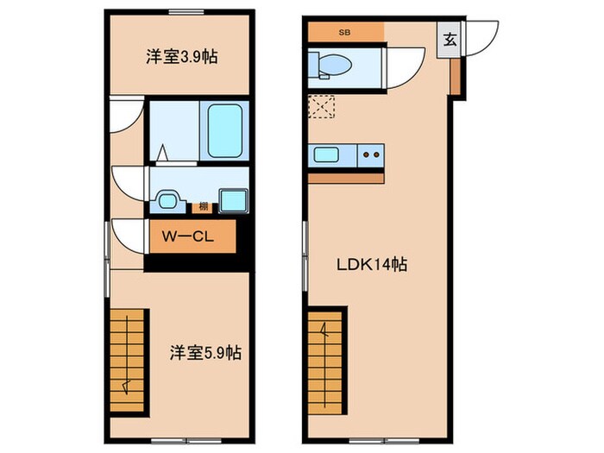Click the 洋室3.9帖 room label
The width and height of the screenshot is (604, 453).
[x=180, y=58]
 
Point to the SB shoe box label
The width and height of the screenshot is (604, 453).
[x=344, y=32]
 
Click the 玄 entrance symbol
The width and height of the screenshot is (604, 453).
[x=450, y=39]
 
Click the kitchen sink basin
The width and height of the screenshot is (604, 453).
[x=326, y=155]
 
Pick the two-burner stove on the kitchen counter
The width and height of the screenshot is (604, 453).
[x=371, y=155]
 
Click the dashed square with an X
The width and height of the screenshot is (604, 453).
[x=321, y=108]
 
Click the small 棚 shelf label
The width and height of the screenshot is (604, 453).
[x=203, y=206]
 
